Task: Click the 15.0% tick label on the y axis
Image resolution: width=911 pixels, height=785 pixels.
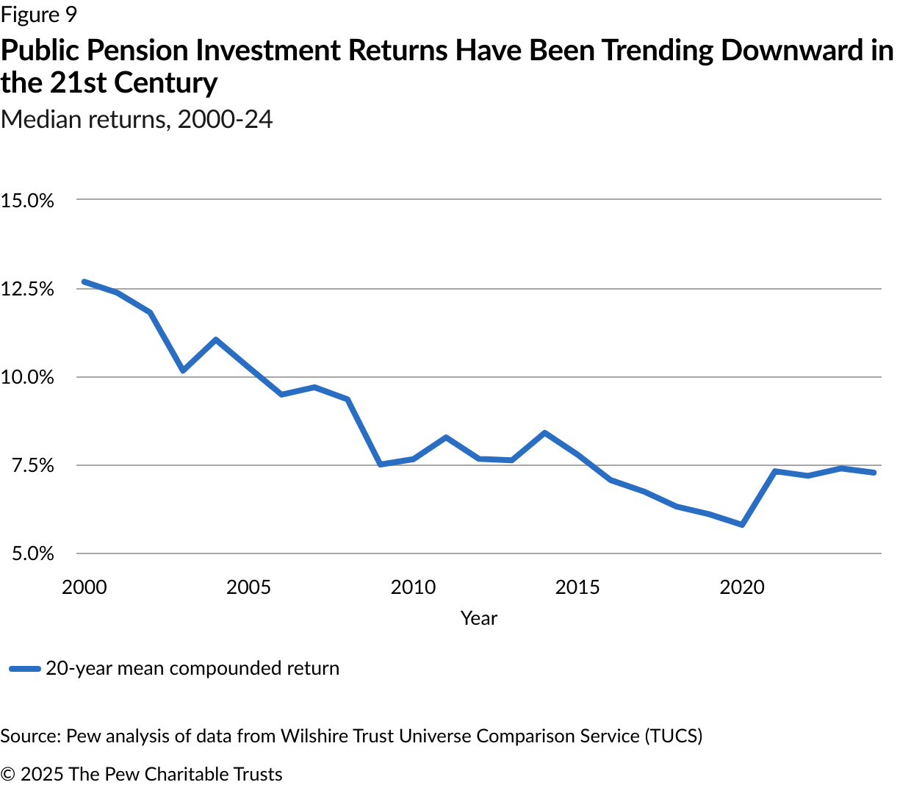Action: coord(27,201)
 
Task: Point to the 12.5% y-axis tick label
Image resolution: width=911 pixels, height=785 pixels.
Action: coord(27,289)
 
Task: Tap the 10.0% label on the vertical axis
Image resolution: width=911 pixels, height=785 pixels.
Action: coord(27,377)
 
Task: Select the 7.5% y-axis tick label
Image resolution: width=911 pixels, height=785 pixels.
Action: coord(32,465)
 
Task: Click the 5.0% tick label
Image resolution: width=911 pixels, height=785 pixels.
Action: coord(32,553)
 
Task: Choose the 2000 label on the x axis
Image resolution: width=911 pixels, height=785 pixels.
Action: coord(84,587)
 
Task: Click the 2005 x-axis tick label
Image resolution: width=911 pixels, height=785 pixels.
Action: coord(249,587)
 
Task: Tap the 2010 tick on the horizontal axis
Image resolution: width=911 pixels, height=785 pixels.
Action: coord(414,587)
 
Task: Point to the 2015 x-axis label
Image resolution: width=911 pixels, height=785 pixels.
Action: coord(577,587)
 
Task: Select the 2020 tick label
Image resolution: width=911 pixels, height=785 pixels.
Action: coord(742,587)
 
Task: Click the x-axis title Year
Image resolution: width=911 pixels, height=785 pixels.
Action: coord(479,618)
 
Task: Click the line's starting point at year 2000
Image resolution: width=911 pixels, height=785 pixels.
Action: coord(84,282)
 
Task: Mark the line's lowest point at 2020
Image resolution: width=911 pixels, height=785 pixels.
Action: coord(742,525)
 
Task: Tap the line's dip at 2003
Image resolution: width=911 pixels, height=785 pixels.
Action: coord(183,370)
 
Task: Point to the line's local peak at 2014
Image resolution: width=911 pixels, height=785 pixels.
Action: coord(544,433)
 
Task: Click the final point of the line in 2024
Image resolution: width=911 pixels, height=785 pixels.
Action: coord(874,473)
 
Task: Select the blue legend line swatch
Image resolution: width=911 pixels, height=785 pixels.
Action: coord(24,669)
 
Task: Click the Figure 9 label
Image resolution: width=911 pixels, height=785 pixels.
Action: coord(39,15)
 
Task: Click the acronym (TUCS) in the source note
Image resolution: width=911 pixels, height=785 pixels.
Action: coord(674,736)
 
